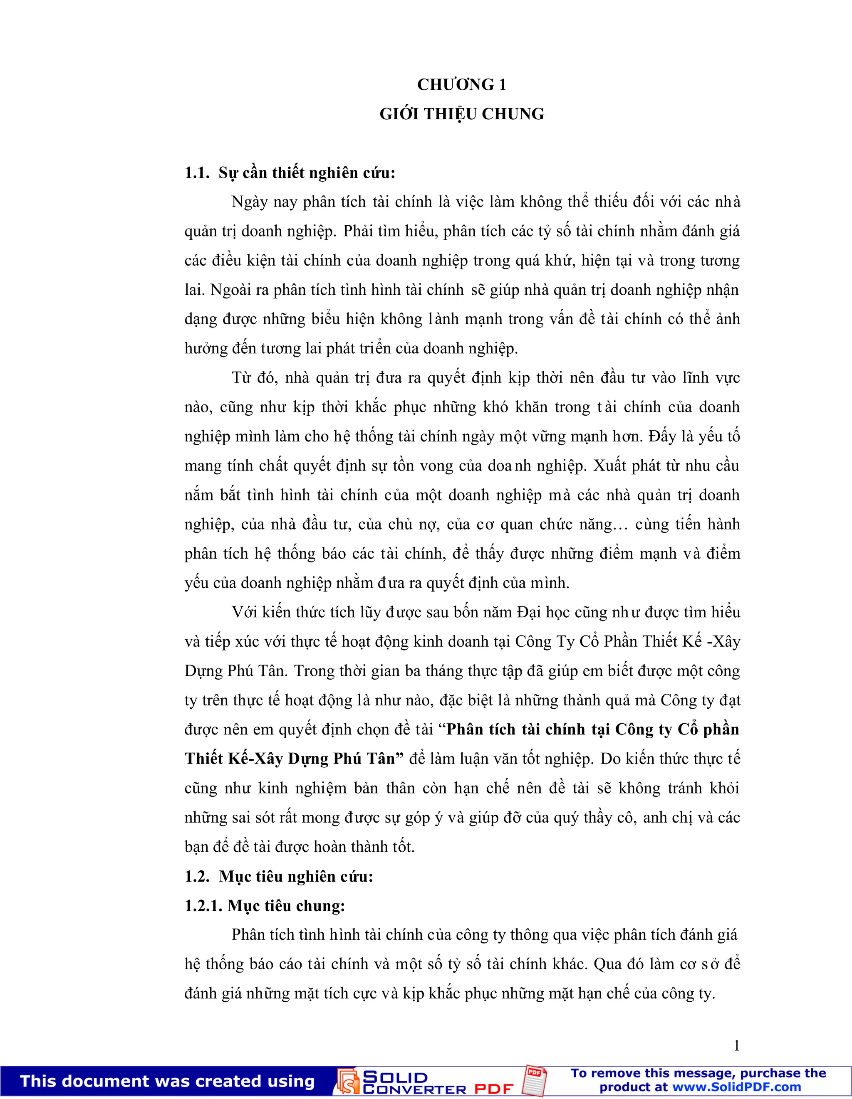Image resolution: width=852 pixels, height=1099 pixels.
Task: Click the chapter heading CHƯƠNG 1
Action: coord(461,84)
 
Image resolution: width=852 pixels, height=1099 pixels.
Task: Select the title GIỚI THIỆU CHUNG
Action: coord(461,114)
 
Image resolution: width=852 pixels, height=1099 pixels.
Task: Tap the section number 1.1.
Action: coord(196,173)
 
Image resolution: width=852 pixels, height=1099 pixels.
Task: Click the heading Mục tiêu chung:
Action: coord(286,906)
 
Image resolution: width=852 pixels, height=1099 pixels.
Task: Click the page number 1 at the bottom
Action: coord(736,1046)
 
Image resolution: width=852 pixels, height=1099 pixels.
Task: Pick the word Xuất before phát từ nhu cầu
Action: coord(610,466)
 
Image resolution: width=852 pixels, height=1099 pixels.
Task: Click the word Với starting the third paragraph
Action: coord(243,612)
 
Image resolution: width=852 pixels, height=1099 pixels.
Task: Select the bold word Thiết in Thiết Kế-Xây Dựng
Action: coord(203,759)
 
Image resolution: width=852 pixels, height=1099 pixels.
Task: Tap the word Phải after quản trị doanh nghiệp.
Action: coord(359,232)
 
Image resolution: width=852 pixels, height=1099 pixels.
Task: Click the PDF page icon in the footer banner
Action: coord(535,1080)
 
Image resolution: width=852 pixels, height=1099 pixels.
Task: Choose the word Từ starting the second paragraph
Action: coord(241,378)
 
